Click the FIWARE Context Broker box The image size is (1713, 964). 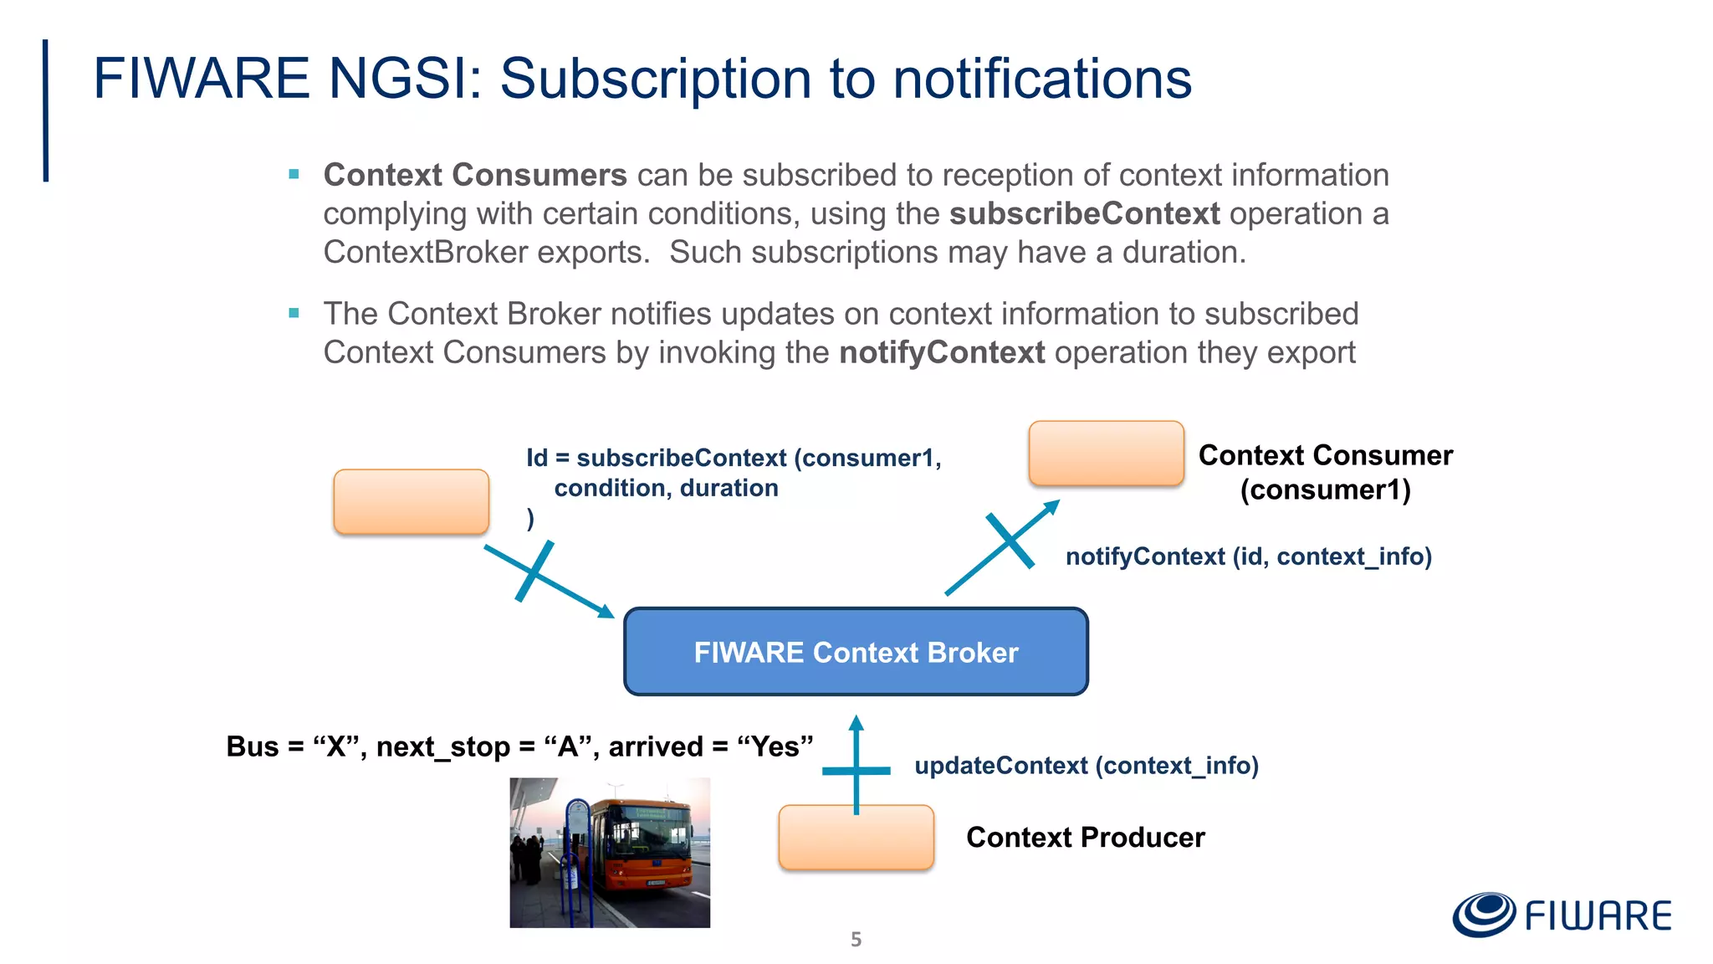point(856,652)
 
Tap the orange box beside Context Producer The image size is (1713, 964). point(856,838)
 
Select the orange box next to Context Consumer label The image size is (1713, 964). point(1106,453)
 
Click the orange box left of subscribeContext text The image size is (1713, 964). point(411,501)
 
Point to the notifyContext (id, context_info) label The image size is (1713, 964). point(1248,556)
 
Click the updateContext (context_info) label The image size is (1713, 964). point(1086,765)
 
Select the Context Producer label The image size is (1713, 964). point(1085,837)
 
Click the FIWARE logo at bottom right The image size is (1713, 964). point(1562,915)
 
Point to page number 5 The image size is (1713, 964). point(856,939)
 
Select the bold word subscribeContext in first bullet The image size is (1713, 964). point(1084,213)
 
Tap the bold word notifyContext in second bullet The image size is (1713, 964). point(942,352)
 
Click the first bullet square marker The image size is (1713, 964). point(294,174)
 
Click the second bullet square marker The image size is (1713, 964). point(294,313)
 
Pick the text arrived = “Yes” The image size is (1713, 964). point(711,746)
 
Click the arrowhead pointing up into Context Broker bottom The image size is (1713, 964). point(856,722)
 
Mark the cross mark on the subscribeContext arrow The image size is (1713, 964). point(534,571)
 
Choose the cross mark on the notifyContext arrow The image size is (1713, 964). point(1010,541)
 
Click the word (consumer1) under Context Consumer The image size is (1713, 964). point(1325,490)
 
